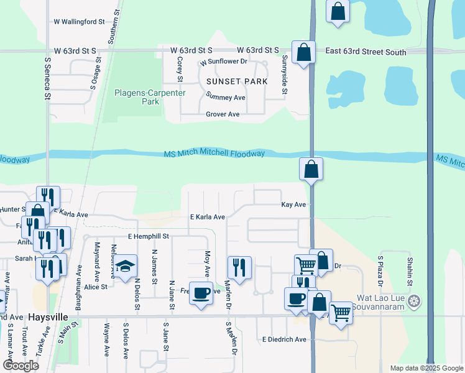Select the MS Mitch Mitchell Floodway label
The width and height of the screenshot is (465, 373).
214,154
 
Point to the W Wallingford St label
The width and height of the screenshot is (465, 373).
79,21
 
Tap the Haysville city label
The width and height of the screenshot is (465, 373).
48,316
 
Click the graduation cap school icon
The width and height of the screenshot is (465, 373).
125,267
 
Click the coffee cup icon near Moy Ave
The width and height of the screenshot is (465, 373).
201,293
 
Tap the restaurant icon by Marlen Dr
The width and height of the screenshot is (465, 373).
239,267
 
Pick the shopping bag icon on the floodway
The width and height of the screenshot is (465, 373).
311,169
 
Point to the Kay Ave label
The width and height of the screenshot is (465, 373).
293,205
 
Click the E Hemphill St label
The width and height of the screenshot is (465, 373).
149,237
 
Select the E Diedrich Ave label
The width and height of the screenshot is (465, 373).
284,339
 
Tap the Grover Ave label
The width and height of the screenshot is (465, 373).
223,114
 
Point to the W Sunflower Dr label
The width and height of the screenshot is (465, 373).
224,62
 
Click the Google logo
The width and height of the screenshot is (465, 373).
21,366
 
